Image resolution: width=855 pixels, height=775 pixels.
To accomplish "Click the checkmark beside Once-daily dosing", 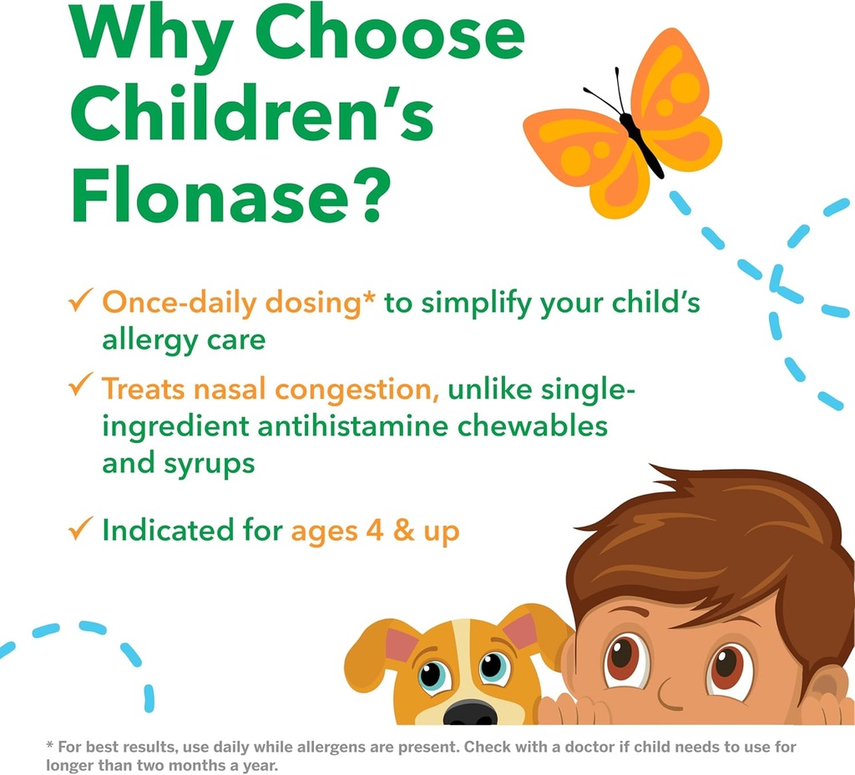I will [x=80, y=301].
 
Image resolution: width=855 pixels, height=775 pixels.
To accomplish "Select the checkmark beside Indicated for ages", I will [x=80, y=528].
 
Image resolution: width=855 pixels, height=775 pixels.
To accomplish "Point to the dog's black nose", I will [x=469, y=712].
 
